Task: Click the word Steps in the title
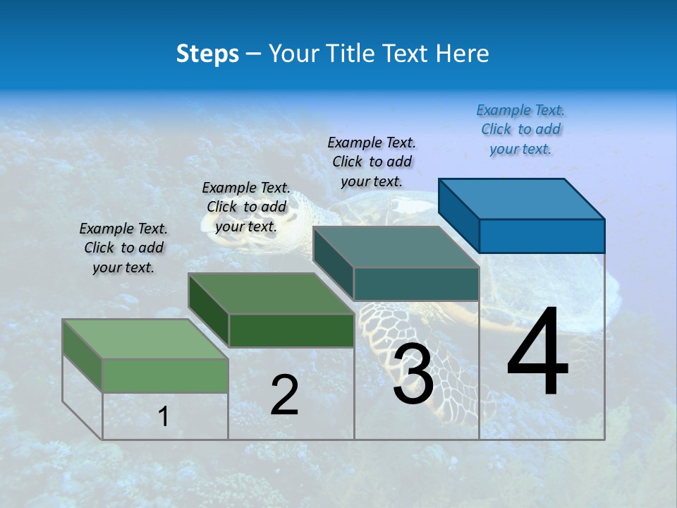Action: coord(207,54)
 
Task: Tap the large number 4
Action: coord(537,353)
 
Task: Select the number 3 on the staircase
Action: coord(413,374)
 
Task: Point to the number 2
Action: coord(284,395)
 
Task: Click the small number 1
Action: coord(164,416)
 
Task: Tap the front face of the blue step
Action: coord(542,236)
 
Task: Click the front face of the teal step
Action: coord(416,284)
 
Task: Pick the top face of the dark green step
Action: coord(272,294)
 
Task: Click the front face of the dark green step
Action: coord(291,330)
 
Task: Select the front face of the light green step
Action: coord(165,375)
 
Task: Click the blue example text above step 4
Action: coord(520,129)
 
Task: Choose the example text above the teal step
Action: coord(372,162)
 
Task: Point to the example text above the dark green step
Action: coord(246,207)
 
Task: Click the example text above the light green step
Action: coord(123,248)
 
